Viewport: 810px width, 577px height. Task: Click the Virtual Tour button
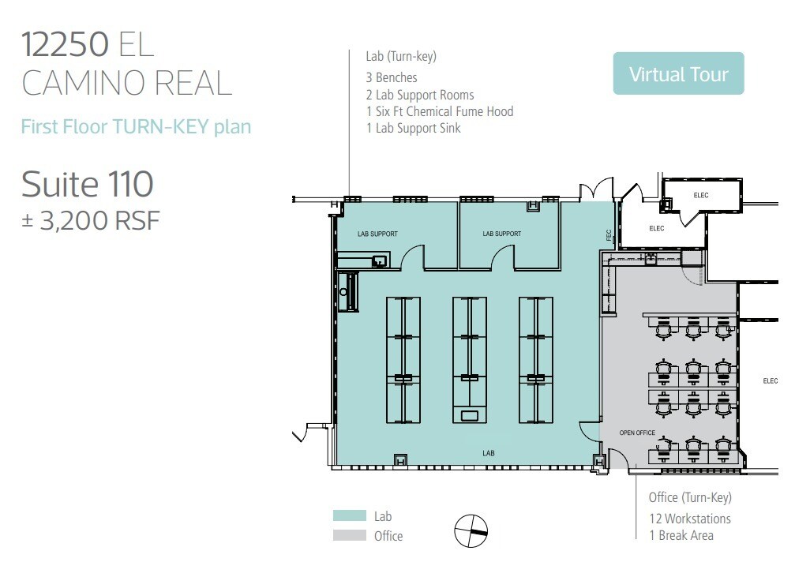coord(678,74)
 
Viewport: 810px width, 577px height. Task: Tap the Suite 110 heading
coord(87,185)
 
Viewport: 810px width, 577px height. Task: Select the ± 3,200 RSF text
coord(90,220)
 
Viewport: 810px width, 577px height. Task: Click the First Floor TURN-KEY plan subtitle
coord(136,126)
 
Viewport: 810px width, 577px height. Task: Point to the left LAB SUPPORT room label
coord(377,234)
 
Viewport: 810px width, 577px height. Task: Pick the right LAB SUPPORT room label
coord(502,234)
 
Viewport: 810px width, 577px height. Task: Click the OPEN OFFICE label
coord(638,433)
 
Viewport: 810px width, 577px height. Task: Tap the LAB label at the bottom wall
coord(489,453)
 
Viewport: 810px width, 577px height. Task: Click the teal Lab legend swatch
coord(350,516)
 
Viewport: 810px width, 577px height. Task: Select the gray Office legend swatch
coord(350,536)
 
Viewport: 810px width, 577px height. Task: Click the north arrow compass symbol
coord(471,530)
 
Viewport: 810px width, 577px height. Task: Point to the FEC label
coord(609,235)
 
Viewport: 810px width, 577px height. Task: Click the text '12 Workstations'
coord(690,519)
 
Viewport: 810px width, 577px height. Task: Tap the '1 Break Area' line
coord(681,535)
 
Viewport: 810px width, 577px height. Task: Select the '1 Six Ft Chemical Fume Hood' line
coord(440,111)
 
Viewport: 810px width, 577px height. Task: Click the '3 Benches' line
coord(392,77)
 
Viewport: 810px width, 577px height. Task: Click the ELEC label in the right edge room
coord(771,381)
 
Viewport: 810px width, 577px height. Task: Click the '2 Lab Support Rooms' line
coord(420,95)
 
